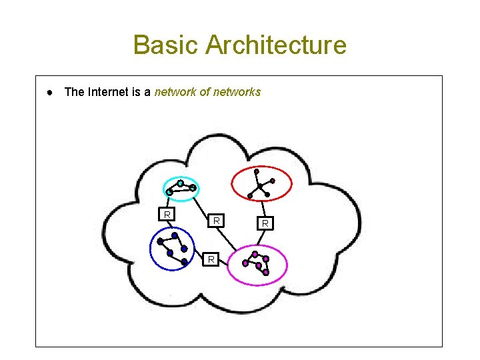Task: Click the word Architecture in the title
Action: [x=276, y=45]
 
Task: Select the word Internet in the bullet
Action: [x=111, y=92]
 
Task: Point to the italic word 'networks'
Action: [x=237, y=92]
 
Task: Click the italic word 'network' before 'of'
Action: [x=175, y=92]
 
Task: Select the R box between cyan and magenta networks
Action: [x=216, y=219]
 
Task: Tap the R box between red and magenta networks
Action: [x=265, y=223]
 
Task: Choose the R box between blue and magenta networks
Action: [x=210, y=259]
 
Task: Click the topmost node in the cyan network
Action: [x=180, y=183]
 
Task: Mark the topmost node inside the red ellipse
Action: [x=257, y=171]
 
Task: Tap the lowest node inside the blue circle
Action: [x=185, y=262]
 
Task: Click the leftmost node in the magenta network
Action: [x=245, y=263]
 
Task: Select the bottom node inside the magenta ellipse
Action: [x=265, y=272]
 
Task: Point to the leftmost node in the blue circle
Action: [x=159, y=241]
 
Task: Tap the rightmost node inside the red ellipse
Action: [x=272, y=181]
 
